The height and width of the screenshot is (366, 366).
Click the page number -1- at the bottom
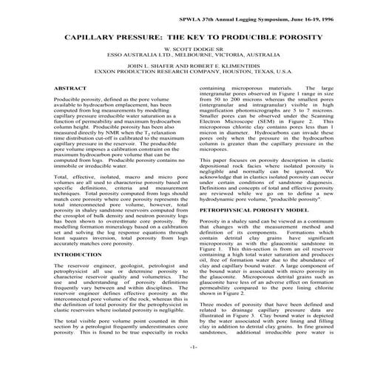(x=183, y=346)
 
